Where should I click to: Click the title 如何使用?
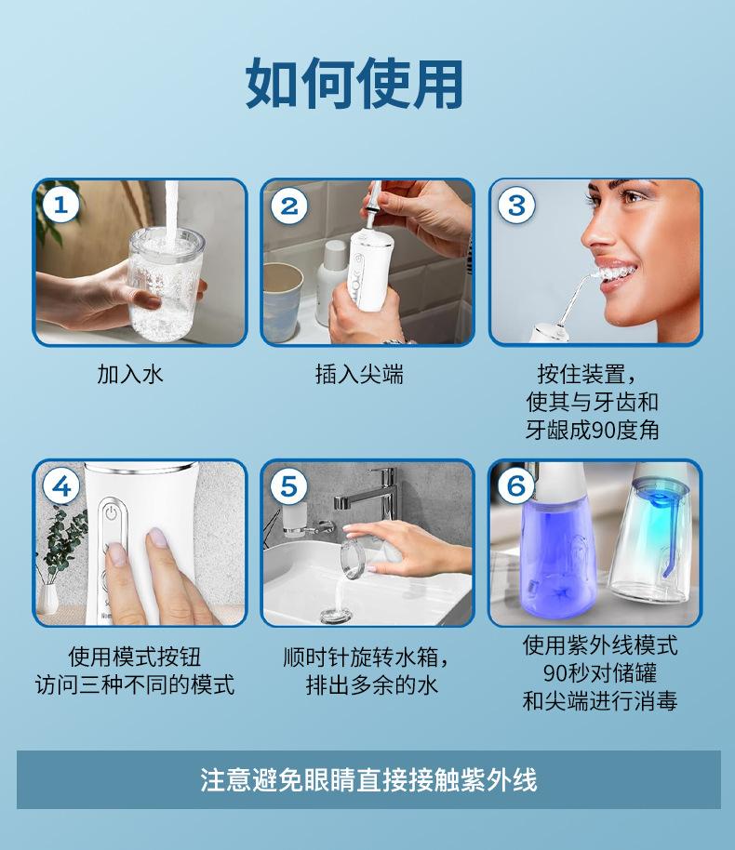coord(354,84)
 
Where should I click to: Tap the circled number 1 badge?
coord(60,205)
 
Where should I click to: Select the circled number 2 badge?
coord(289,206)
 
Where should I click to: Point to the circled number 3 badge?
coord(516,205)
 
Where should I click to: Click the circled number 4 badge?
coord(60,485)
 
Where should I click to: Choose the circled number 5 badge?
coord(288,485)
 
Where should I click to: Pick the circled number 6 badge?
coord(515,485)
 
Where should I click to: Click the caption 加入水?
coord(130,374)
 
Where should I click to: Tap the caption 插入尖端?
coord(359,374)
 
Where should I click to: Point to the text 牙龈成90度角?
coord(593,431)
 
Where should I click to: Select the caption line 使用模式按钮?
coord(135,657)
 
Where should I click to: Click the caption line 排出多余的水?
coord(371,684)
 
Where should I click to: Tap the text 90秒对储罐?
coord(600,673)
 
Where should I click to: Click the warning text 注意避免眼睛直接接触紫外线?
coord(368,780)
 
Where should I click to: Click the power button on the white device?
coord(112,512)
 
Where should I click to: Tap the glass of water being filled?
coord(165,284)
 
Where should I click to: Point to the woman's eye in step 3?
coord(633,197)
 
